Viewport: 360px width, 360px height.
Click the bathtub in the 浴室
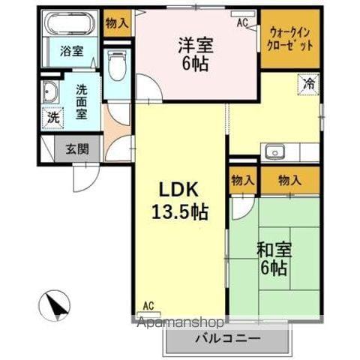point(72,24)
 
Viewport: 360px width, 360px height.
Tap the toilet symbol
point(117,67)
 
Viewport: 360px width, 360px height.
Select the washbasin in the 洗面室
point(52,94)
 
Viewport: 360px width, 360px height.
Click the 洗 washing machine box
point(52,118)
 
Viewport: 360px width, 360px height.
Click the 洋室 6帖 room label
point(195,53)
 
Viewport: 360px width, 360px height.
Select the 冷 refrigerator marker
point(309,84)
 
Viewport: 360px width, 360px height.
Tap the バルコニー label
point(228,338)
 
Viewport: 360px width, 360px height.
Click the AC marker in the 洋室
point(241,22)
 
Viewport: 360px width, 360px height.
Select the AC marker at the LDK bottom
point(148,306)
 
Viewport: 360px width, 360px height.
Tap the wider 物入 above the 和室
point(289,180)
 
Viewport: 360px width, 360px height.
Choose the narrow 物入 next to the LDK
point(241,180)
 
